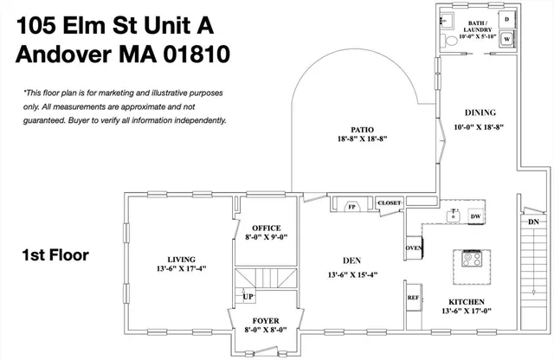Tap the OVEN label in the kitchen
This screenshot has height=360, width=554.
coord(414,249)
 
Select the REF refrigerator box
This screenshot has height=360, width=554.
coord(414,297)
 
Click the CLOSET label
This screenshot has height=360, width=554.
coord(390,202)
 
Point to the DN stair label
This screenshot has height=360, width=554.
coord(533,222)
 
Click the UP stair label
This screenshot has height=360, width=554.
coord(248,296)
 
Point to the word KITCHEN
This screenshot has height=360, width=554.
coord(467,301)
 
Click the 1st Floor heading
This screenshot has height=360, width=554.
coord(55,255)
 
